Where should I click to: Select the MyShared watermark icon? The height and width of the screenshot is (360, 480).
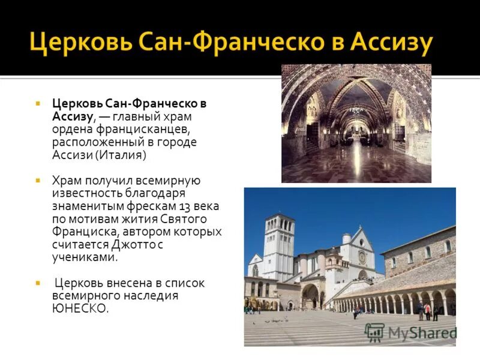pyautogui.click(x=374, y=332)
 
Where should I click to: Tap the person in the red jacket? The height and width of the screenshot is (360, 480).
pyautogui.click(x=427, y=310)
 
